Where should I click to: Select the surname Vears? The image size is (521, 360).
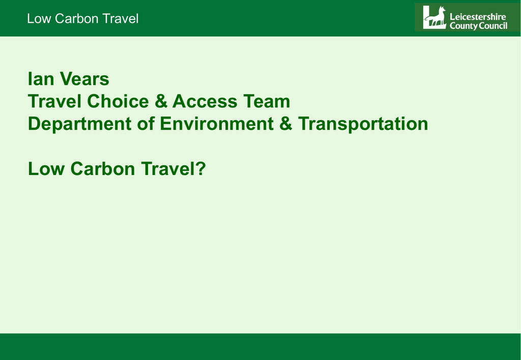84,79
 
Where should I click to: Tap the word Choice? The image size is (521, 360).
118,101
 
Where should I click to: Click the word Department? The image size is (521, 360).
80,124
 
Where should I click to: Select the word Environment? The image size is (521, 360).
217,124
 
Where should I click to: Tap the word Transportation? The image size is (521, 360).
363,124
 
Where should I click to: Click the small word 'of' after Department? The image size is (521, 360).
146,124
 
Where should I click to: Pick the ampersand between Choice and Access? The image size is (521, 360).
161,101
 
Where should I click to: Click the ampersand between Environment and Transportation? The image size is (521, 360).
286,124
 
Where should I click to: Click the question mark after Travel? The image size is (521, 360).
201,168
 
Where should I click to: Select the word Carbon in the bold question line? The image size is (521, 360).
103,168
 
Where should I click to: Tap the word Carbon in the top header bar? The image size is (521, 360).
77,19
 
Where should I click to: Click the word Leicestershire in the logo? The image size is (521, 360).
478,17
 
